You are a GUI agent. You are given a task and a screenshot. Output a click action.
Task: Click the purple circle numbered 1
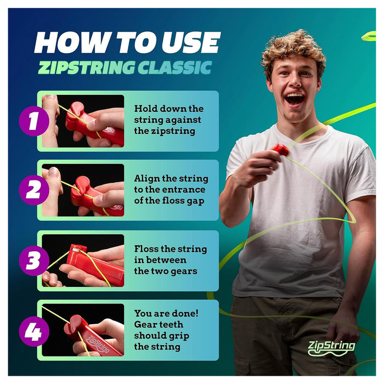click(x=34, y=121)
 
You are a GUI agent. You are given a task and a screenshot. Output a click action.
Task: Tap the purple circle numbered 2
click(x=34, y=190)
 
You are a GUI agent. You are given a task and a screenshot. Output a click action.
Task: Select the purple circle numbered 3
click(x=34, y=261)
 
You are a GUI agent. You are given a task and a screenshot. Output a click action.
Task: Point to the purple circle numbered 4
click(x=34, y=331)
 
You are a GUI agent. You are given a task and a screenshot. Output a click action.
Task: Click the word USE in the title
click(x=190, y=42)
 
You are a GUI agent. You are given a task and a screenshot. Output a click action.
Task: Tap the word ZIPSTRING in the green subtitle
click(x=86, y=67)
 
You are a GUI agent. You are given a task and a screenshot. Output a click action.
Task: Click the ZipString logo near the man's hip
click(x=331, y=348)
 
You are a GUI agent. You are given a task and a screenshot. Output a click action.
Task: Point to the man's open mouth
click(x=294, y=99)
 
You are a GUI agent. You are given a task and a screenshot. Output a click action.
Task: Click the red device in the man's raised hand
click(x=281, y=150)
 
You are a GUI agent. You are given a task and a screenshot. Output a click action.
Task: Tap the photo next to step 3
click(x=83, y=261)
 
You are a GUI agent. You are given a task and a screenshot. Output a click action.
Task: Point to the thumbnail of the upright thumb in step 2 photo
click(x=54, y=172)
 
